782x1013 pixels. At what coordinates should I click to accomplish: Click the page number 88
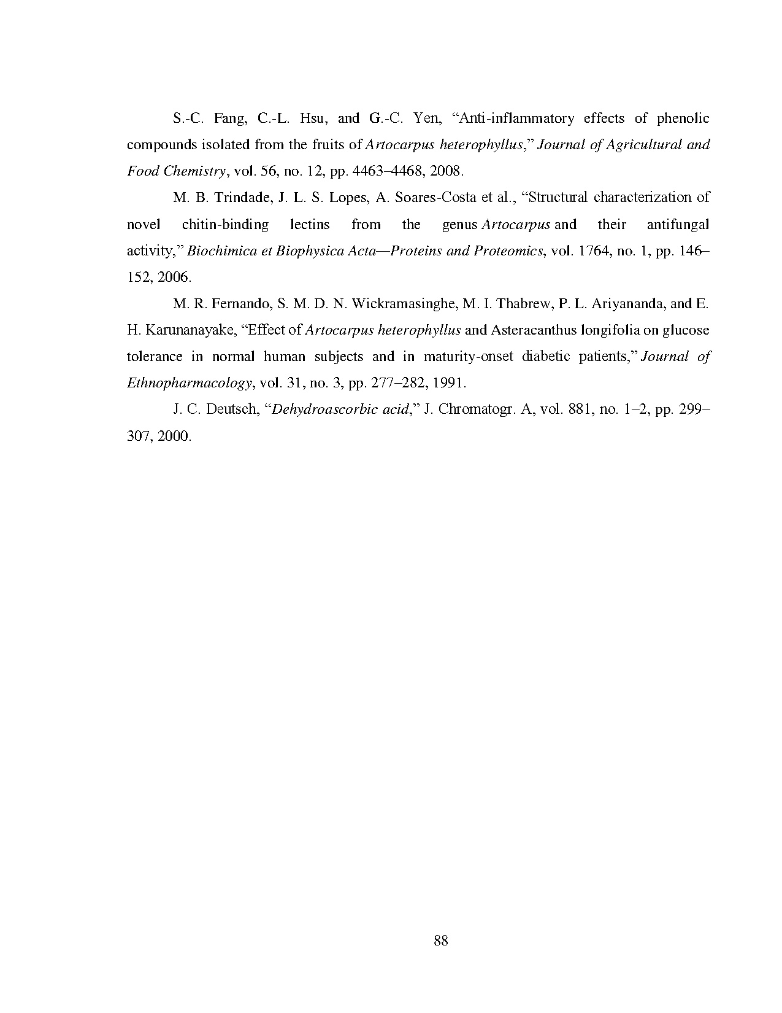point(441,941)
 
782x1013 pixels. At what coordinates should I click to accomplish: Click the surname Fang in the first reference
point(229,118)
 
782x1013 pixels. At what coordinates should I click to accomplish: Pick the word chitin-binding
point(225,225)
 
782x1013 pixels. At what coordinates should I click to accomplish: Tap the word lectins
point(309,225)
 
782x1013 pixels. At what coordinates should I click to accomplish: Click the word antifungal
point(678,225)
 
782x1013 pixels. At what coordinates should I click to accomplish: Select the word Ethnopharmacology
point(190,384)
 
